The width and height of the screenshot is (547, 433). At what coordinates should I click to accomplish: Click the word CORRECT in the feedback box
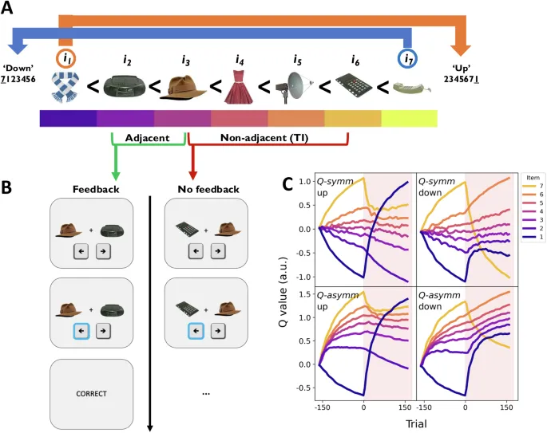pyautogui.click(x=93, y=393)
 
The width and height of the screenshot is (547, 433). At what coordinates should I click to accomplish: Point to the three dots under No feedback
pyautogui.click(x=206, y=393)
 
